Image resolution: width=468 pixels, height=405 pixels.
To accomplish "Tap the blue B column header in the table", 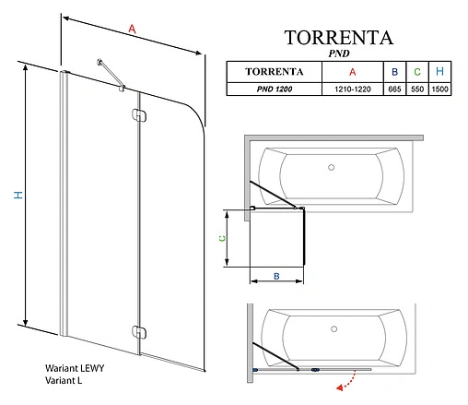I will point(394,72).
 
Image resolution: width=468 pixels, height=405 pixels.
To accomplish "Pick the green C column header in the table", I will point(417,72).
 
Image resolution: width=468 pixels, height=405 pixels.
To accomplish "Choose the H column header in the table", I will point(440,72).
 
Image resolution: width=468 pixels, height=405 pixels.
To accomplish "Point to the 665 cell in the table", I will point(394,89).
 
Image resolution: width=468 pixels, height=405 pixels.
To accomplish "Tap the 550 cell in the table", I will point(417,89).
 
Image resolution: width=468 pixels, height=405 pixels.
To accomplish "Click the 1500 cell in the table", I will point(440,89).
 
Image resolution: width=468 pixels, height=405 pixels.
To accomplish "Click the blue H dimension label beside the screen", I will point(16,195).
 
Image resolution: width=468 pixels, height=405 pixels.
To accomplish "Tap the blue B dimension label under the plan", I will point(277,275).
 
